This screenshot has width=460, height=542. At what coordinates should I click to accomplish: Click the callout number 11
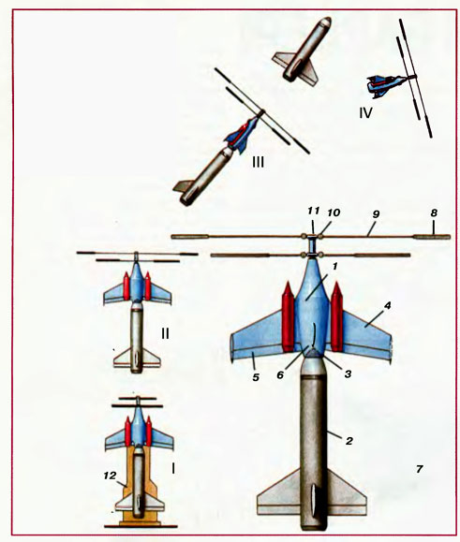pyautogui.click(x=315, y=212)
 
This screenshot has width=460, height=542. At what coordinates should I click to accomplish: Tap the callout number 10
pyautogui.click(x=334, y=212)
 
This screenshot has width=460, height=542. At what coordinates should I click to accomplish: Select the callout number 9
pyautogui.click(x=376, y=214)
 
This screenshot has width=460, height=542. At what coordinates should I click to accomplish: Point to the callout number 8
pyautogui.click(x=434, y=213)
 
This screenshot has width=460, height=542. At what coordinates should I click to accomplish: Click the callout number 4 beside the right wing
pyautogui.click(x=388, y=306)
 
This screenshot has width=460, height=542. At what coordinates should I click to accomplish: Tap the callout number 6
pyautogui.click(x=280, y=374)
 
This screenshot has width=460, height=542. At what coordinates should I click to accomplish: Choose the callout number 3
pyautogui.click(x=348, y=374)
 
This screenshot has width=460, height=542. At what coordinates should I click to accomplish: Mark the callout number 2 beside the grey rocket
pyautogui.click(x=349, y=441)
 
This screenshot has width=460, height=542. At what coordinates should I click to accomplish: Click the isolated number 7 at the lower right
pyautogui.click(x=419, y=469)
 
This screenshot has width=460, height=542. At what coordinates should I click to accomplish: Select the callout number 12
pyautogui.click(x=110, y=476)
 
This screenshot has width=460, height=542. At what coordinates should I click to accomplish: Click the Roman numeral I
pyautogui.click(x=173, y=468)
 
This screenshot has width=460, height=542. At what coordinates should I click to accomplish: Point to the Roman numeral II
pyautogui.click(x=165, y=333)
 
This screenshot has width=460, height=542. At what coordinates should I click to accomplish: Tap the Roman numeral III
pyautogui.click(x=258, y=162)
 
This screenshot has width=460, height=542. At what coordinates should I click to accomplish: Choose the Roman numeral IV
pyautogui.click(x=365, y=113)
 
